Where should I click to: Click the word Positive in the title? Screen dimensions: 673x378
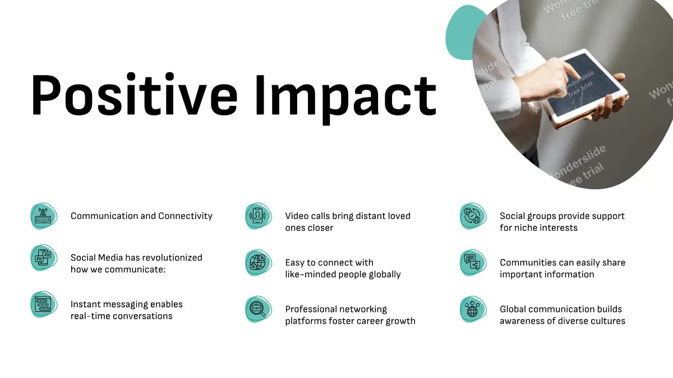pyautogui.click(x=134, y=94)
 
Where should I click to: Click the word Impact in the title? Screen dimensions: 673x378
pyautogui.click(x=346, y=99)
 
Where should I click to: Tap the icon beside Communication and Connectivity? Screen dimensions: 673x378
pyautogui.click(x=44, y=216)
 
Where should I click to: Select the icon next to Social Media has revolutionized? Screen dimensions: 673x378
pyautogui.click(x=44, y=258)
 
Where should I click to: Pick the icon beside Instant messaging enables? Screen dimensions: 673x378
pyautogui.click(x=44, y=304)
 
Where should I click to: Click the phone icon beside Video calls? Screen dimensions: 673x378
pyautogui.click(x=259, y=216)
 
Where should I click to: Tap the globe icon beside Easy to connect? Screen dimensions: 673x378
pyautogui.click(x=259, y=263)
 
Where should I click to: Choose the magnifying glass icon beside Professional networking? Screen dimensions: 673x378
pyautogui.click(x=259, y=309)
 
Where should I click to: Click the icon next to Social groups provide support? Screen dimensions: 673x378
pyautogui.click(x=473, y=216)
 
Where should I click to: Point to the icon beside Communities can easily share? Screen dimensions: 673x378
pyautogui.click(x=473, y=263)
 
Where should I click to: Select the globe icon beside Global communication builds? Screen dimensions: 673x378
pyautogui.click(x=473, y=309)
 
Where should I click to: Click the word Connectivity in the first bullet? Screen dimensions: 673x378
pyautogui.click(x=186, y=216)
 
